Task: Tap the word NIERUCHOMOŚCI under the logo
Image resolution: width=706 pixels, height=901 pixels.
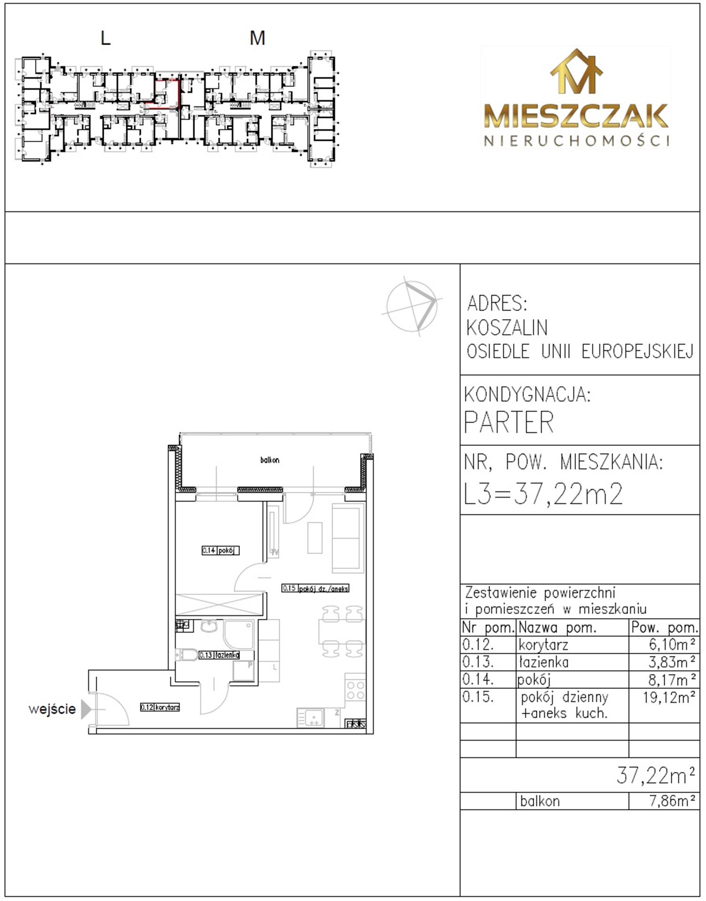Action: pos(577,140)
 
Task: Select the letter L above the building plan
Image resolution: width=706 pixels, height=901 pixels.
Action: pos(106,38)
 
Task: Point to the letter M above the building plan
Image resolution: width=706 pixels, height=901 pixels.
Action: pos(257,38)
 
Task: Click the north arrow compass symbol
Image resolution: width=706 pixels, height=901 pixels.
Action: pos(412,306)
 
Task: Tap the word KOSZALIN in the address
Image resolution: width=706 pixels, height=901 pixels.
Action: pos(507,328)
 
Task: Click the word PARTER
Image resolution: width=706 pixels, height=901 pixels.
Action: pos(509,422)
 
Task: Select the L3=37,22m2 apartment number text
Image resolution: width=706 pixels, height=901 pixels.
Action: pos(543,494)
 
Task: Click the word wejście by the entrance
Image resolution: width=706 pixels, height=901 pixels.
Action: pos(52,709)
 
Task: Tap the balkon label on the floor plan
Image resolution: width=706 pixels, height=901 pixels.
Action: pos(270,460)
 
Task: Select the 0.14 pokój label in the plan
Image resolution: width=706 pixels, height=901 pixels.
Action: pos(221,550)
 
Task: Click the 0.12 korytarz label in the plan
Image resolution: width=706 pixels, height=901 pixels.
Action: pos(160,707)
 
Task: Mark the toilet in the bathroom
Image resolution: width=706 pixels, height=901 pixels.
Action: pos(186,654)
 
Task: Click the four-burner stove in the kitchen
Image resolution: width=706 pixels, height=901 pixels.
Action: pos(355,690)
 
